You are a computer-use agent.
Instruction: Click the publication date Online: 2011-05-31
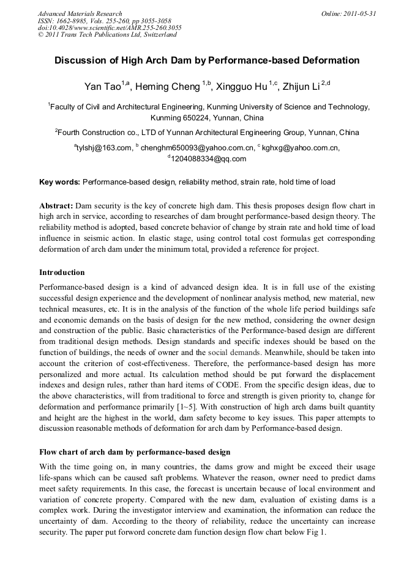[x=348, y=13]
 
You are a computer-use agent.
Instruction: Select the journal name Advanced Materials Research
[x=80, y=13]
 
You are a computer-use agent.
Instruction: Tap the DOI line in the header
[x=110, y=27]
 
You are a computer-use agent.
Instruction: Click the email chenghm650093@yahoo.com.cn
[x=197, y=147]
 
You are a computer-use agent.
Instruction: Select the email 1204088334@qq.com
[x=209, y=159]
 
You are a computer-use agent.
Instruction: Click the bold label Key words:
[x=59, y=181]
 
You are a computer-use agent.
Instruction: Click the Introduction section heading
[x=62, y=272]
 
